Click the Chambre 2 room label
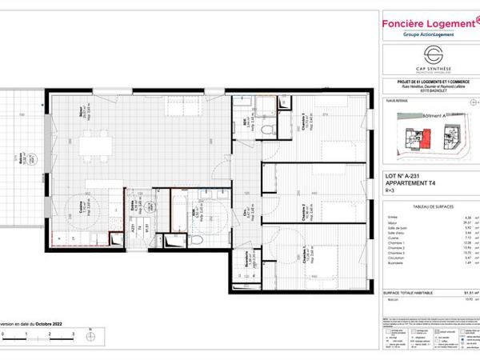click(301, 210)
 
